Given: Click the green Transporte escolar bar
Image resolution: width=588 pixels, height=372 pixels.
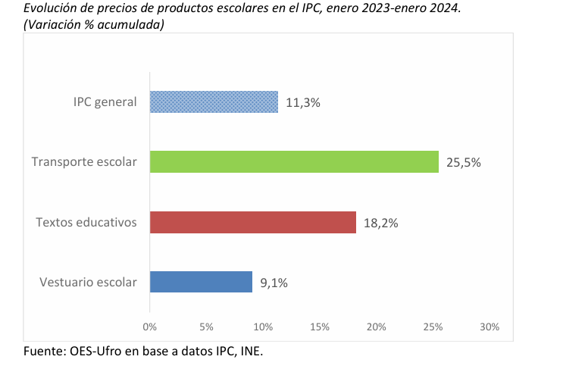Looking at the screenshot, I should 294,161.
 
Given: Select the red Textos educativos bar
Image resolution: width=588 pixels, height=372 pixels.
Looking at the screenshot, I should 252,222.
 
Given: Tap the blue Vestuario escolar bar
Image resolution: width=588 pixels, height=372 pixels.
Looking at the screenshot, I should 201,282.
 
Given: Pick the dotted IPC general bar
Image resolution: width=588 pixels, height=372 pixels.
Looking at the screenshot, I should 214,102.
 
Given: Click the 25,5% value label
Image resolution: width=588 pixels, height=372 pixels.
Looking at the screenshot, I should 464,162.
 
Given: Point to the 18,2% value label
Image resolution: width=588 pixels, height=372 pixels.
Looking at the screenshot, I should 381,223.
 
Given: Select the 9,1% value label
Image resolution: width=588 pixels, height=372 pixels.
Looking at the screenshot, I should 274,283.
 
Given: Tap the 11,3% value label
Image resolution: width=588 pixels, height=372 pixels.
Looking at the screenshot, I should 304,102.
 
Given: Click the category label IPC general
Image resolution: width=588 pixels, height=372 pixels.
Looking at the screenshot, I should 105,102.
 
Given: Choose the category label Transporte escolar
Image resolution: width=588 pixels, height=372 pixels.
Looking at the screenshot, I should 84,161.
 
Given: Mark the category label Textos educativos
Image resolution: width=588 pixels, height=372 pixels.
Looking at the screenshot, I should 86,222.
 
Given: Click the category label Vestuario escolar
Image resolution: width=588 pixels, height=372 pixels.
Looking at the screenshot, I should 88,282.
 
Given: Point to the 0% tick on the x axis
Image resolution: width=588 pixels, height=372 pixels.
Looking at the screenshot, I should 150,327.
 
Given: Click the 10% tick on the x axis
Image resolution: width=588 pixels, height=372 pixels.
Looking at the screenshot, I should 263,327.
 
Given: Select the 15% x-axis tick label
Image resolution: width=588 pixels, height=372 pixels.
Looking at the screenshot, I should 320,327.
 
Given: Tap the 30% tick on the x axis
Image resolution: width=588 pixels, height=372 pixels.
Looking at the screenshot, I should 489,327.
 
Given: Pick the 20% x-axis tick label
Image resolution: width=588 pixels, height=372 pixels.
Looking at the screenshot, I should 377,327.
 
